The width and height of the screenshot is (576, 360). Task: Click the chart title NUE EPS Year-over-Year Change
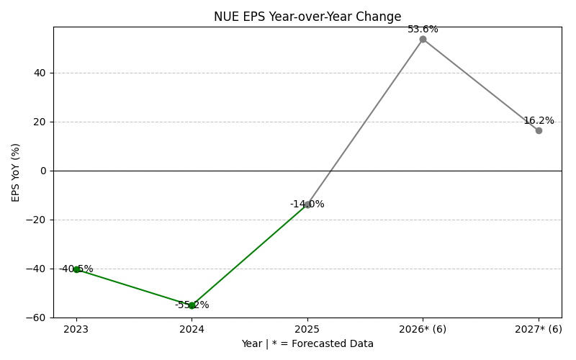[307, 17]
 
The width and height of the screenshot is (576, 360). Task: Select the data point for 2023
[76, 269]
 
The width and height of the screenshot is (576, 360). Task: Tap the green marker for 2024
[192, 305]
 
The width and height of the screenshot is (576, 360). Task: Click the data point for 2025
[307, 204]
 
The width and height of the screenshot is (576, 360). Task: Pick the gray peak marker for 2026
[423, 39]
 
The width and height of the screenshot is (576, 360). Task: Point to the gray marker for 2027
[539, 130]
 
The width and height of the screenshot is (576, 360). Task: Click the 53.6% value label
[423, 30]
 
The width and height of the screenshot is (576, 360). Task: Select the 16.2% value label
[539, 121]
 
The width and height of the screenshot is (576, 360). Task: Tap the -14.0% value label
[307, 204]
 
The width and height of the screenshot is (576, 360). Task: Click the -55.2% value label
[192, 305]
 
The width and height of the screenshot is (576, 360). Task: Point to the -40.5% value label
[76, 269]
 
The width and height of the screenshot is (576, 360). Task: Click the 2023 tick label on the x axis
[76, 329]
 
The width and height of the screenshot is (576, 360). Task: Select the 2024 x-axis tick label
[192, 329]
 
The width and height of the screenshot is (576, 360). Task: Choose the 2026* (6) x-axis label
[423, 329]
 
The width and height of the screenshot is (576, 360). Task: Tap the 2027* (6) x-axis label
[539, 329]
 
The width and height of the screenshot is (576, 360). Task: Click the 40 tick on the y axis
[40, 73]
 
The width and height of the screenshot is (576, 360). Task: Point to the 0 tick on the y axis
[43, 171]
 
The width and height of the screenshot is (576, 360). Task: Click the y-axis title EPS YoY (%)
[16, 172]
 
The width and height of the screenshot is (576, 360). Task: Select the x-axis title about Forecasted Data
[307, 344]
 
